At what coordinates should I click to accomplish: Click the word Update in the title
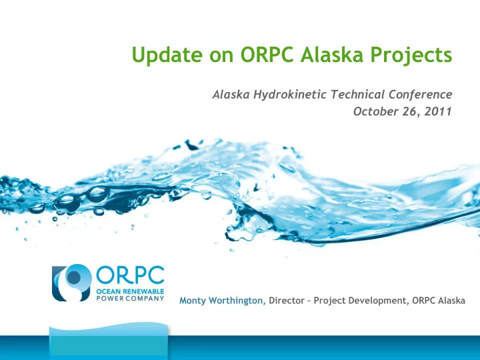pos(167,55)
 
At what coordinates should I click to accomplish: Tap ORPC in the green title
pos(267,54)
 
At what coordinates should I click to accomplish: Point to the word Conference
pos(420,94)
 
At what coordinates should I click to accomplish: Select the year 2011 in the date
pos(438,111)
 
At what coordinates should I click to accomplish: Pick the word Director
pos(287,301)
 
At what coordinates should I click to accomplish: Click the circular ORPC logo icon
pos(72,283)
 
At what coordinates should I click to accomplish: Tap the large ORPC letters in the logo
pos(131,275)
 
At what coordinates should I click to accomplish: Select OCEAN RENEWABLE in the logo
pos(131,291)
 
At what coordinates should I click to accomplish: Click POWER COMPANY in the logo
pos(131,298)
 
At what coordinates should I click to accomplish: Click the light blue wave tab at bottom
pos(109,341)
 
